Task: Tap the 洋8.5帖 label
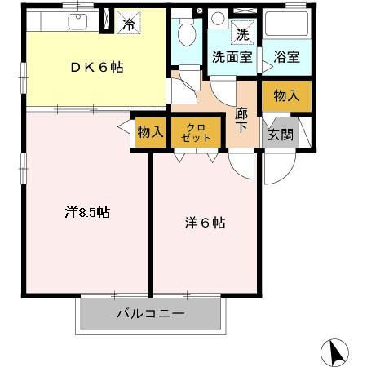tap(87, 212)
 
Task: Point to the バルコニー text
tap(150, 314)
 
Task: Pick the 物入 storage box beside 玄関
tap(285, 96)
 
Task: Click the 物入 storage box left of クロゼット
tap(151, 132)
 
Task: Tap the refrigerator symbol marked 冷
tap(127, 22)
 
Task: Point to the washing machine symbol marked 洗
tap(241, 34)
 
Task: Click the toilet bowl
tap(184, 34)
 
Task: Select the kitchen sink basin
tap(78, 21)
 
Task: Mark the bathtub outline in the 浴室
tap(285, 27)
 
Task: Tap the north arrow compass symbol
tap(334, 352)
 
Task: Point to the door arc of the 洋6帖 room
tap(242, 165)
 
